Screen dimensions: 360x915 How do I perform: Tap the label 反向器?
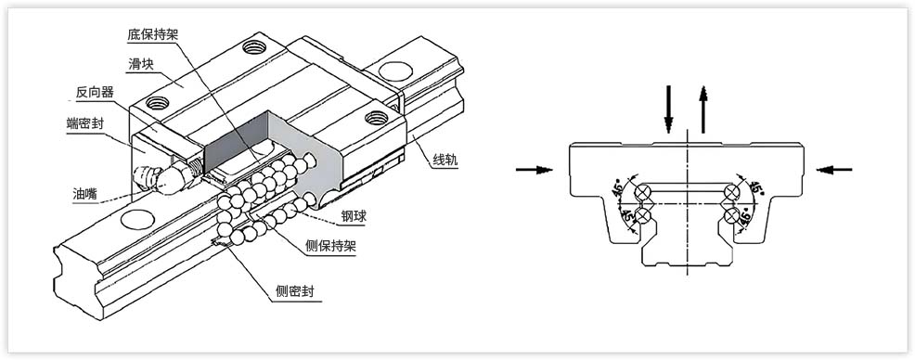pyautogui.click(x=97, y=92)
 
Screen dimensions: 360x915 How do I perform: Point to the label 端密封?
pyautogui.click(x=84, y=123)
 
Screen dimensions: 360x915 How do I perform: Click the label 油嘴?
pyautogui.click(x=85, y=194)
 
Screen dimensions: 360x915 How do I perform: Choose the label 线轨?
pyautogui.click(x=445, y=159)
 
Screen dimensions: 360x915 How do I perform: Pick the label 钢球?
pyautogui.click(x=354, y=217)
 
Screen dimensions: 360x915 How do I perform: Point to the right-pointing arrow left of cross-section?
pyautogui.click(x=535, y=169)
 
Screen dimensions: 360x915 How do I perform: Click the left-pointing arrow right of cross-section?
pyautogui.click(x=838, y=169)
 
